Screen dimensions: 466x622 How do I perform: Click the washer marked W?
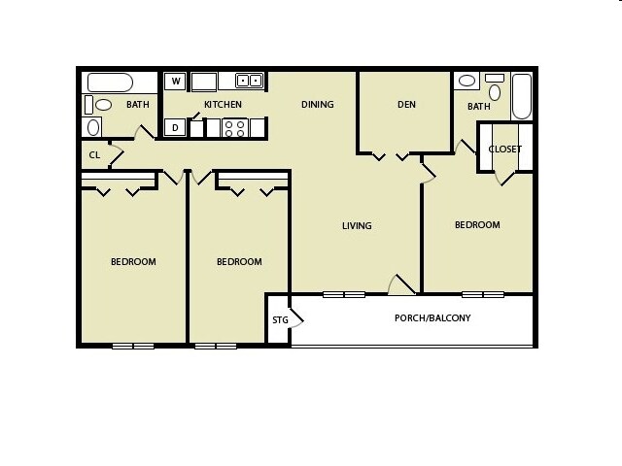(176, 82)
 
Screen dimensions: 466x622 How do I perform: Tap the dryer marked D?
(176, 126)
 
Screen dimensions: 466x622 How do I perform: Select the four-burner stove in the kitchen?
(234, 126)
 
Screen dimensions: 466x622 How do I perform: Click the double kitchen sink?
(247, 82)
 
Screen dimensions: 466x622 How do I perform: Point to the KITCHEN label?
(223, 104)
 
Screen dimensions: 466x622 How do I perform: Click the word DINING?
(317, 104)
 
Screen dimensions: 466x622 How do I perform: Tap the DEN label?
(406, 104)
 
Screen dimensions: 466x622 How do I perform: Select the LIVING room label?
(357, 226)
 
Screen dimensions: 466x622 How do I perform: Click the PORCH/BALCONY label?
(432, 317)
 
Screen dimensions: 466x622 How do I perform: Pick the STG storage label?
(280, 318)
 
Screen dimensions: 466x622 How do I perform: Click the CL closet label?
(94, 153)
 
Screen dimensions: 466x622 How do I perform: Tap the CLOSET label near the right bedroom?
(505, 149)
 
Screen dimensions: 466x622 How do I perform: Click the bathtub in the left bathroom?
(115, 82)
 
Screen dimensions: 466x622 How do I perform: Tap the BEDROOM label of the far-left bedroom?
(133, 261)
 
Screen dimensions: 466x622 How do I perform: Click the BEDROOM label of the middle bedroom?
(239, 261)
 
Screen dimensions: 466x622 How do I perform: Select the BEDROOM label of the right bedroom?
(477, 224)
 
